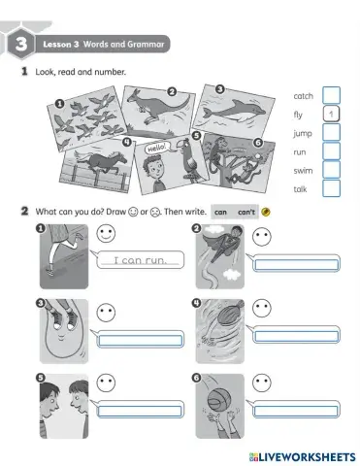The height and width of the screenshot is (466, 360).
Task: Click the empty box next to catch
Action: [x=331, y=95]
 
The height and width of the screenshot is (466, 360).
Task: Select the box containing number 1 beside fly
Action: [x=331, y=114]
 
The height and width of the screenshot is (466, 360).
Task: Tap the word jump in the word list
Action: [x=302, y=132]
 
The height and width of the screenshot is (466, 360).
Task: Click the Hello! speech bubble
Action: [x=157, y=150]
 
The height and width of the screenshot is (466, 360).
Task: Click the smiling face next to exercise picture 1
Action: [x=105, y=235]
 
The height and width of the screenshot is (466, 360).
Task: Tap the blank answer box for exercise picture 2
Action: [x=293, y=264]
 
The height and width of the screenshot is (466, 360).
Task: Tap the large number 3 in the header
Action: [x=18, y=44]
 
